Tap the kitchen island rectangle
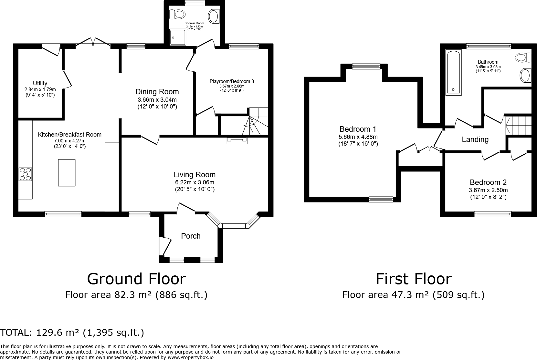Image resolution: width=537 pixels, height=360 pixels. [67, 173]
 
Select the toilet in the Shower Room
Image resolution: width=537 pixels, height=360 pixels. [179, 14]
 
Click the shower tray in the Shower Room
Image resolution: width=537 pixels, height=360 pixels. [177, 37]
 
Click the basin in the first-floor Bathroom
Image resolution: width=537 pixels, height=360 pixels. [525, 76]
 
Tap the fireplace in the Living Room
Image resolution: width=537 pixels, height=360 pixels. [237, 140]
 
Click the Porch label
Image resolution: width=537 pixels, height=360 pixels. [191, 236]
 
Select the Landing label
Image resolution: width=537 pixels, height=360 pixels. [475, 139]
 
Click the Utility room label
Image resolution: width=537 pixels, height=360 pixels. [40, 83]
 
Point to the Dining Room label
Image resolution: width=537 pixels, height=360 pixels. [157, 92]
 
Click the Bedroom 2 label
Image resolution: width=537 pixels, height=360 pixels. [488, 182]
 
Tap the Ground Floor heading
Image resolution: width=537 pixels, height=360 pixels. [136, 279]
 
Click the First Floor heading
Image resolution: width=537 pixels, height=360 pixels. [414, 279]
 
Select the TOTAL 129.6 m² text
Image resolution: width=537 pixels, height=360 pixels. [72, 333]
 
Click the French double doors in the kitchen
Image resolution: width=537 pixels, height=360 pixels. [93, 43]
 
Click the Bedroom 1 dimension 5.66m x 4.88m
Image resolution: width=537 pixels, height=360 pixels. [358, 137]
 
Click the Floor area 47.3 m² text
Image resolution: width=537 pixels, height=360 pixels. [413, 295]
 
